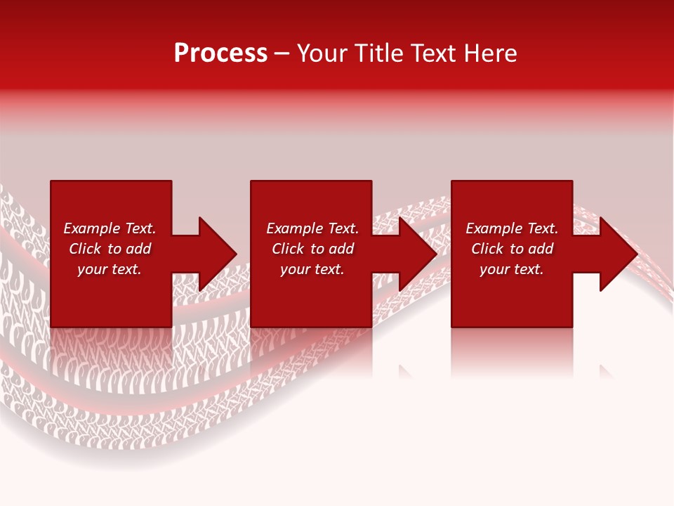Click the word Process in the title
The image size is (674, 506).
[x=220, y=53]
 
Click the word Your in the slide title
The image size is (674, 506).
[x=323, y=53]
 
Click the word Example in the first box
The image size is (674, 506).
[x=92, y=228]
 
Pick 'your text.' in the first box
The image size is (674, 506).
[x=110, y=269]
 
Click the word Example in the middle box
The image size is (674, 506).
[x=295, y=228]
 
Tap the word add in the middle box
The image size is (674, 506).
[x=341, y=249]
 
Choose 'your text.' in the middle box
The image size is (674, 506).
[x=312, y=269]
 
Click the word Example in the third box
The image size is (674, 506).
[x=494, y=228]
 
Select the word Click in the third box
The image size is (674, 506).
[x=487, y=249]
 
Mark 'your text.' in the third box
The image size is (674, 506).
[x=512, y=269]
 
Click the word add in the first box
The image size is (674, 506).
[x=138, y=249]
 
